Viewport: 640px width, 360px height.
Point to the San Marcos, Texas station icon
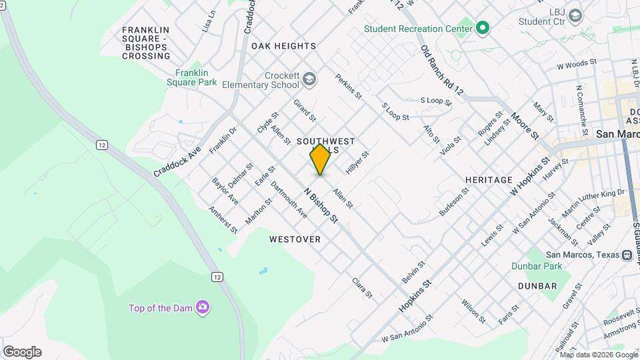[x=627, y=255]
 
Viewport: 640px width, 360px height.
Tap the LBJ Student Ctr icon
[x=575, y=15]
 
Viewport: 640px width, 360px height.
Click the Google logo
[x=22, y=351]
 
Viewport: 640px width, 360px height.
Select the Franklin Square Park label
[x=196, y=77]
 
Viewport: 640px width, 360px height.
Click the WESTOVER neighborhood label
[x=295, y=239]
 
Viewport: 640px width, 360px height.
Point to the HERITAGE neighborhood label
[x=489, y=180]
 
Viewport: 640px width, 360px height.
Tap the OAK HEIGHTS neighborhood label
[x=283, y=46]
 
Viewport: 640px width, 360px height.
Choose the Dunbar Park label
[x=537, y=266]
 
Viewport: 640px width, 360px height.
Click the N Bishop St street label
[x=321, y=205]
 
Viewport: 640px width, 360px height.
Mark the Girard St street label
[x=304, y=111]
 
